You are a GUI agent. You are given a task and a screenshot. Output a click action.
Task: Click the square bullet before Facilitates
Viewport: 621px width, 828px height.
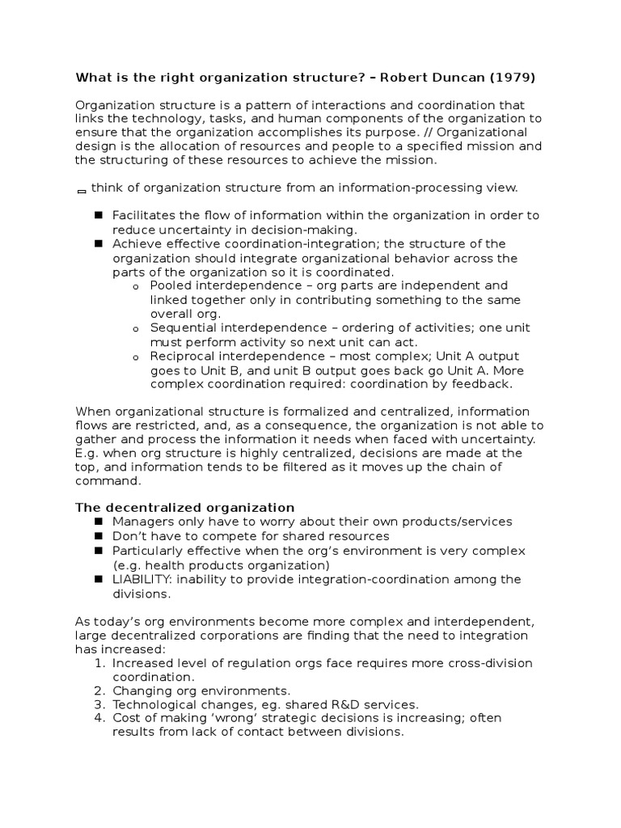tap(99, 215)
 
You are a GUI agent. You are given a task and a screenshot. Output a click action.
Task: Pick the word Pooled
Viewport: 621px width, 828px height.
tap(171, 285)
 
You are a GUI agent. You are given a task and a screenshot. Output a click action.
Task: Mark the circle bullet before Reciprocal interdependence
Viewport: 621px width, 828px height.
tap(135, 357)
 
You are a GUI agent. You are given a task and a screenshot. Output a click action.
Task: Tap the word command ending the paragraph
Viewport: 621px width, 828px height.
tap(108, 480)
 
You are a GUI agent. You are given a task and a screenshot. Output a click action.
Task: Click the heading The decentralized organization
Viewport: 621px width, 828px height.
tap(185, 508)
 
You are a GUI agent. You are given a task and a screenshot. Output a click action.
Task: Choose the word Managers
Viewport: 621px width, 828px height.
tap(142, 522)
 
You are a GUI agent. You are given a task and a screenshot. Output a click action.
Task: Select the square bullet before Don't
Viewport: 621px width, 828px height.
tap(99, 536)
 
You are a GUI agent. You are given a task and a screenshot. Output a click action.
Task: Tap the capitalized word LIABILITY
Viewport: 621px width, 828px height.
tap(142, 580)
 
